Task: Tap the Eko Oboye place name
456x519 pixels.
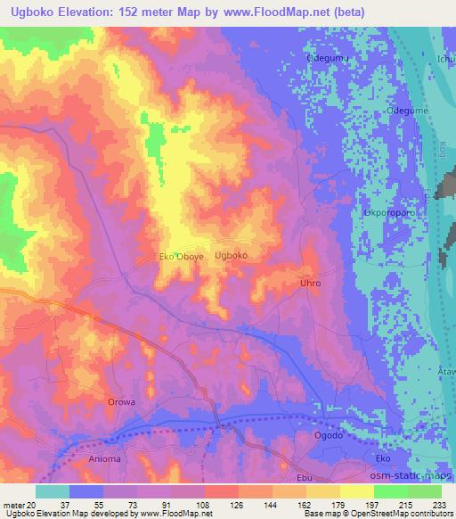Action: [x=182, y=256]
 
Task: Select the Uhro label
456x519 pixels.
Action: [x=309, y=283]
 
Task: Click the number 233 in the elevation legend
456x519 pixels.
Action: [x=437, y=504]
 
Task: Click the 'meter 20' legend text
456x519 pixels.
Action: [x=19, y=504]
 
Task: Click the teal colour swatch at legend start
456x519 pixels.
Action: [x=52, y=491]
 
